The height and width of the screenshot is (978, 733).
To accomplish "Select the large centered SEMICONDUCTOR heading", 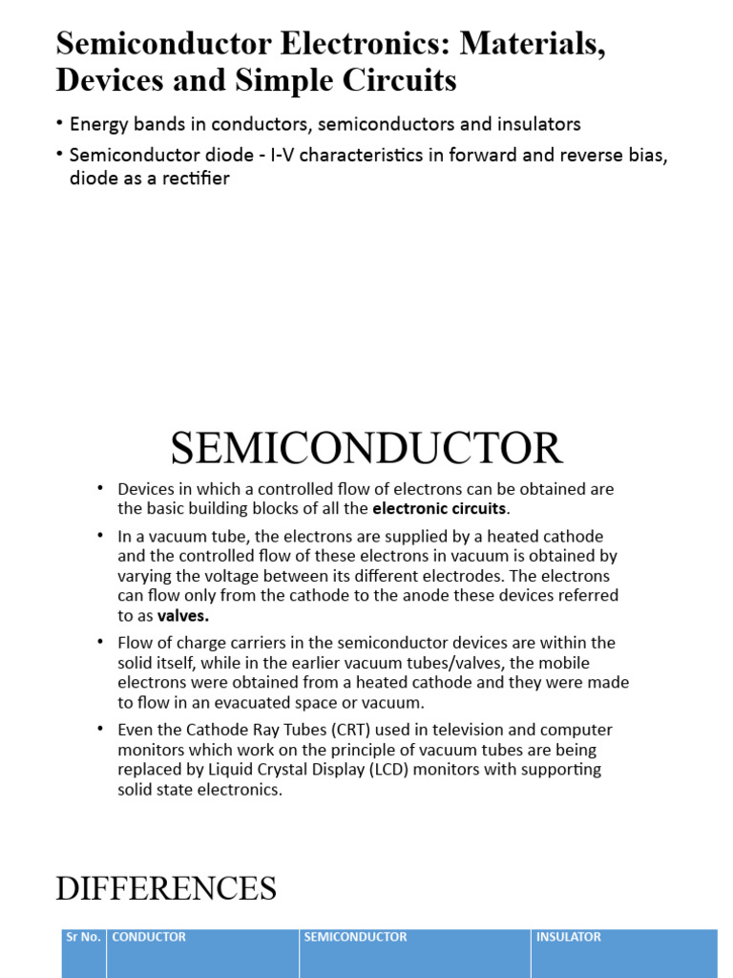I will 366,449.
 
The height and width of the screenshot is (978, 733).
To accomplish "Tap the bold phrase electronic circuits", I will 440,507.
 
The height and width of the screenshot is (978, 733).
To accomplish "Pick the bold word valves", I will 183,616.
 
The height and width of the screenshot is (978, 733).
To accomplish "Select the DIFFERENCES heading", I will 166,888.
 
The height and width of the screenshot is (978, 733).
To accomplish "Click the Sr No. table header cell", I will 83,937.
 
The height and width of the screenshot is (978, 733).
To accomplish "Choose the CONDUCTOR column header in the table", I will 149,937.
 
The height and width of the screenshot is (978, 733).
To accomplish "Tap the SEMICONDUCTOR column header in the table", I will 355,937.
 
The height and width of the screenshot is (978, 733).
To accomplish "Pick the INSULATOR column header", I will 569,937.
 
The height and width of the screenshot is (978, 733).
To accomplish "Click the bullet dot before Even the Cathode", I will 100,730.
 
